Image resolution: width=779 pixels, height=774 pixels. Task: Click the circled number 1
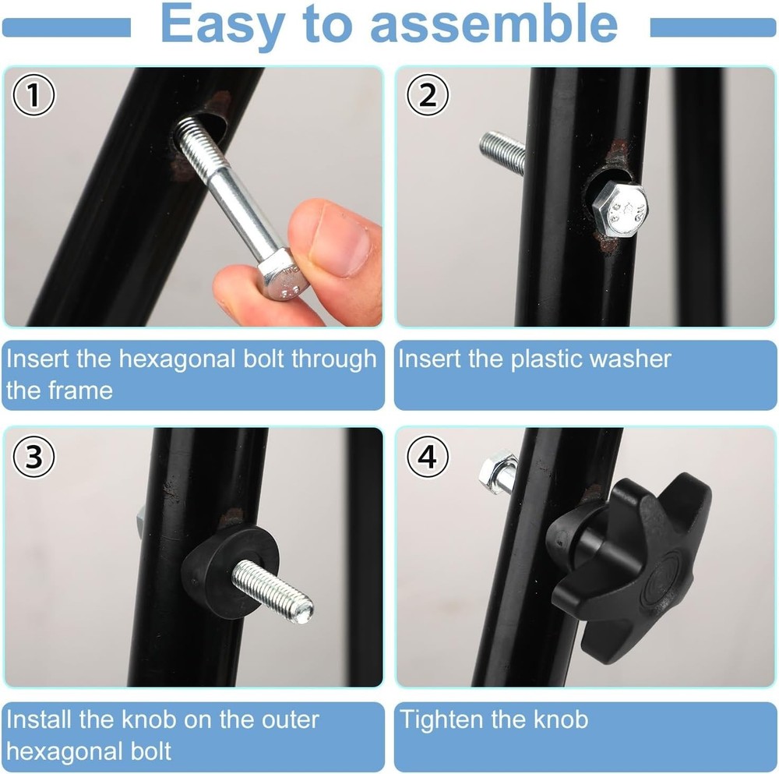(x=33, y=97)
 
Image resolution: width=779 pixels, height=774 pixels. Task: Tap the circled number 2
(x=428, y=96)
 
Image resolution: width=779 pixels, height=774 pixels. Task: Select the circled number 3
(x=33, y=458)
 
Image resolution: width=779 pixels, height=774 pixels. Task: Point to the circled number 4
(x=428, y=458)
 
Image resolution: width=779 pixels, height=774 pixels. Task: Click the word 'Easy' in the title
(x=221, y=26)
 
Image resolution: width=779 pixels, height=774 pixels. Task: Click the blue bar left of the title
(x=65, y=28)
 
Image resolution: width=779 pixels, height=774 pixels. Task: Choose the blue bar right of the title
(x=712, y=28)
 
